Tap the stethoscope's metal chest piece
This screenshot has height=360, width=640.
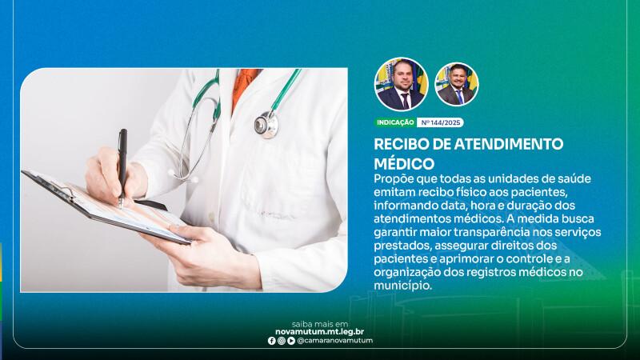266,124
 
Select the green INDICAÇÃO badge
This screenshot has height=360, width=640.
395,122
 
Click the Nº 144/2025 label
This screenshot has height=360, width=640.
441,122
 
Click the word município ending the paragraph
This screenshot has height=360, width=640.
402,286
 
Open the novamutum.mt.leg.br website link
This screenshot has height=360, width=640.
319,332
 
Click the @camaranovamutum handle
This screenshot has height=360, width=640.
334,341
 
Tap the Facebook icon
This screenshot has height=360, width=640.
272,341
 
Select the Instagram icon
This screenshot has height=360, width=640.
282,341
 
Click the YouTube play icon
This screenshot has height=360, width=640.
291,341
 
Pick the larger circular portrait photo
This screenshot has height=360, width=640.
402,84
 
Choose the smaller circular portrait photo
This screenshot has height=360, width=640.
457,84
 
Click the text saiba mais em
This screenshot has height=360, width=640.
319,325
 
